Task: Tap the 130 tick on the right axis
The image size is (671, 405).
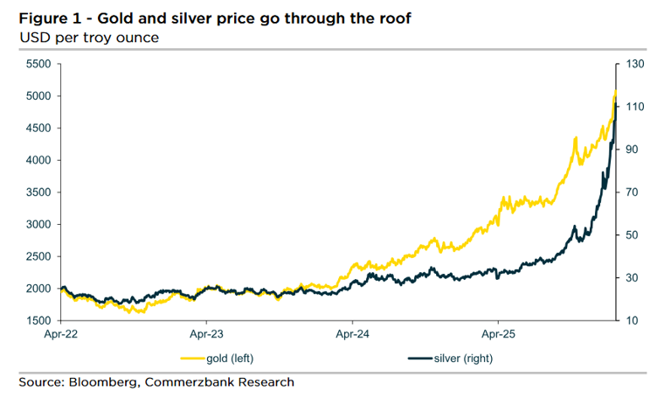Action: [x=634, y=65]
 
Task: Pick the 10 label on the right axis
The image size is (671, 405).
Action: [x=632, y=321]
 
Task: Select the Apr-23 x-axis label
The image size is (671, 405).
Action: [x=204, y=334]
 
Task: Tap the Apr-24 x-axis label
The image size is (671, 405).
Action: [x=350, y=334]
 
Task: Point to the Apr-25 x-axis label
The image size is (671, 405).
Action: [x=496, y=334]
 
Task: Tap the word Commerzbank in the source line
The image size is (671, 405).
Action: [x=189, y=382]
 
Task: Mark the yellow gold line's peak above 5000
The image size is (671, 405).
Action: [x=615, y=90]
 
